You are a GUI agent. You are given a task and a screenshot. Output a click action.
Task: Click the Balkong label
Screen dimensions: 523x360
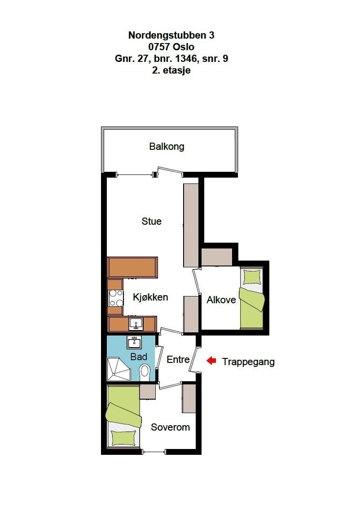pyautogui.click(x=167, y=146)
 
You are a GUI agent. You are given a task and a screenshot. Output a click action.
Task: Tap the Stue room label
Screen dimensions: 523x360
pyautogui.click(x=151, y=221)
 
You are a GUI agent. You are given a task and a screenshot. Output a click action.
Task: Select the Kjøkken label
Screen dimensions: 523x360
pyautogui.click(x=150, y=297)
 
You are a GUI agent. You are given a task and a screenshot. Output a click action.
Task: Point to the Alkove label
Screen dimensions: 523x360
pyautogui.click(x=221, y=300)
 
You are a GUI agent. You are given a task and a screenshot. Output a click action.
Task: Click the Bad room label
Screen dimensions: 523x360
pyautogui.click(x=139, y=357)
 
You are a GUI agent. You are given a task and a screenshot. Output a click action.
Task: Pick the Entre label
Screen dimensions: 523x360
pyautogui.click(x=178, y=359)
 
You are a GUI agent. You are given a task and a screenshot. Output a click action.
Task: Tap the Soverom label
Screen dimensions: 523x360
pyautogui.click(x=170, y=427)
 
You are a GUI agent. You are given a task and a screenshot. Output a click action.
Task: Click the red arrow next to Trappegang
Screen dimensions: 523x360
pyautogui.click(x=211, y=361)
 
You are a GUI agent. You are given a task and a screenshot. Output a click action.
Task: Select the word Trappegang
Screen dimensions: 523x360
pyautogui.click(x=248, y=362)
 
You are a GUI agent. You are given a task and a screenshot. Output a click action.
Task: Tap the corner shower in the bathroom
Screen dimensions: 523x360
pyautogui.click(x=118, y=369)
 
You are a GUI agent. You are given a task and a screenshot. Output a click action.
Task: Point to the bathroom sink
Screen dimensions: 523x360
pyautogui.click(x=134, y=343)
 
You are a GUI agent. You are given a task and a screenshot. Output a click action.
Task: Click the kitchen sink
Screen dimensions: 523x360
pyautogui.click(x=135, y=323)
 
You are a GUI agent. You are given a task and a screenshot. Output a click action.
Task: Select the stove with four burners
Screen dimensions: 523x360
pyautogui.click(x=116, y=298)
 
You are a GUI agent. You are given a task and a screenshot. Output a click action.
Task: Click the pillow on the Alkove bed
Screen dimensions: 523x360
pyautogui.click(x=251, y=277)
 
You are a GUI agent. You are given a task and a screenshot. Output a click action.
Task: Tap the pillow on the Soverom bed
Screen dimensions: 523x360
pyautogui.click(x=123, y=437)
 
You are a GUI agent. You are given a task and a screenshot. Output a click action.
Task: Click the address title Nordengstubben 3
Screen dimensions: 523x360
pyautogui.click(x=171, y=35)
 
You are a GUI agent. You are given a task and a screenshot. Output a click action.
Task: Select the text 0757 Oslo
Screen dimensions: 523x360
pyautogui.click(x=171, y=47)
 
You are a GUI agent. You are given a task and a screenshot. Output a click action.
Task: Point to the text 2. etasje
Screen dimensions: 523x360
pyautogui.click(x=171, y=70)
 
